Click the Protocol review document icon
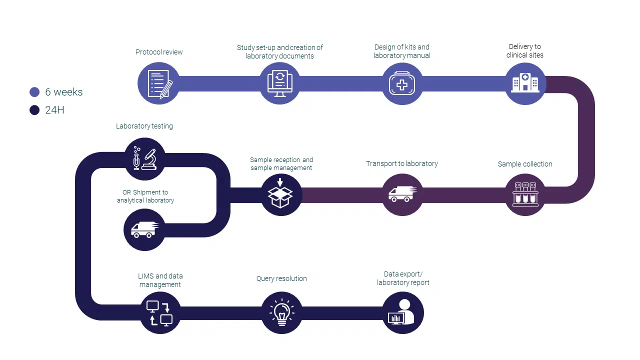[158, 83]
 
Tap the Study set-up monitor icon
[280, 83]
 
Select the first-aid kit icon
[402, 83]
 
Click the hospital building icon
[525, 83]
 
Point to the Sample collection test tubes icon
[525, 194]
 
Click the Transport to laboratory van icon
[402, 194]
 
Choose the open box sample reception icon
[281, 194]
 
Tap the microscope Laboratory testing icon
[144, 158]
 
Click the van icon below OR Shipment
[144, 229]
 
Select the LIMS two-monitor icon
[159, 313]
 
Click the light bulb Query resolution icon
[281, 313]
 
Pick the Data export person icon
[403, 313]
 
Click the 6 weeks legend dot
[34, 92]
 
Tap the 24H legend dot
[34, 110]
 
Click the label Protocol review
[159, 52]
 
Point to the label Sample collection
[525, 164]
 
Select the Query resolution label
[281, 278]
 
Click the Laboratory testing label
[144, 126]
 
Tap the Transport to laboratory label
[402, 163]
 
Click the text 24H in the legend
[54, 110]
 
